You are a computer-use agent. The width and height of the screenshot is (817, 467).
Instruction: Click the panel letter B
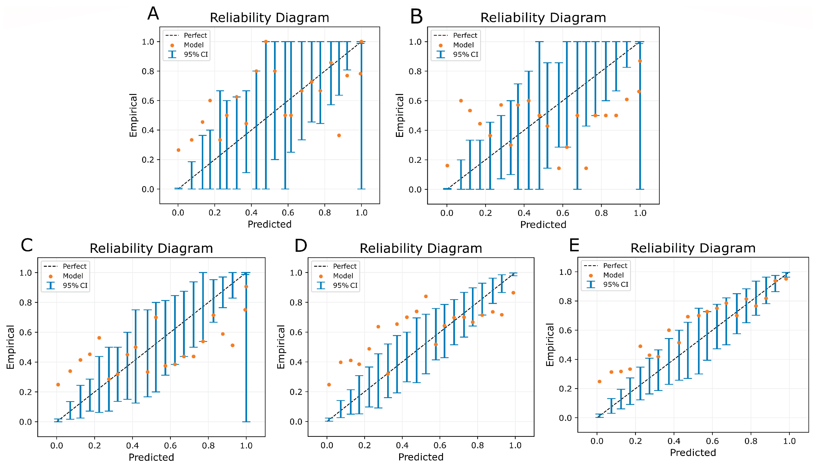pyautogui.click(x=416, y=16)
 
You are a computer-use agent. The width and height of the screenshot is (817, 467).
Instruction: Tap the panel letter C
pyautogui.click(x=27, y=245)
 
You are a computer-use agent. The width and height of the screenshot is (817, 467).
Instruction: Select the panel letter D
pyautogui.click(x=301, y=246)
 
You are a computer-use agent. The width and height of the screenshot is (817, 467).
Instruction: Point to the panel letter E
pyautogui.click(x=574, y=245)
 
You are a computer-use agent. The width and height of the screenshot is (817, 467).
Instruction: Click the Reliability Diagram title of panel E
pyautogui.click(x=693, y=248)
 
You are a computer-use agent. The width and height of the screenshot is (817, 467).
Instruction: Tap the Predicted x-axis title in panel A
pyautogui.click(x=269, y=224)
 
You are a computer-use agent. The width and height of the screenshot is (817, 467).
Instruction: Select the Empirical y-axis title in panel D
pyautogui.click(x=281, y=347)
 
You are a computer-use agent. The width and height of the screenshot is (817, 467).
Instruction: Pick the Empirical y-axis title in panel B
pyautogui.click(x=399, y=115)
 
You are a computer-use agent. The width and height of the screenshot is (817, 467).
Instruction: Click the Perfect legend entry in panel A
pyautogui.click(x=195, y=35)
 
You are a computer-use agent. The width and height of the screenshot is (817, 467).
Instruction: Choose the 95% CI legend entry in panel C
pyautogui.click(x=75, y=285)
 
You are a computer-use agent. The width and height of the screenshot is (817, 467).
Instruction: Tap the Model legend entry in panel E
pyautogui.click(x=613, y=275)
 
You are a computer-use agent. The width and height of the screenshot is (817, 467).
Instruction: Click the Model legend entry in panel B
pyautogui.click(x=463, y=45)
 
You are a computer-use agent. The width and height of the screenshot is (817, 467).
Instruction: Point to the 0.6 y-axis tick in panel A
pyautogui.click(x=148, y=101)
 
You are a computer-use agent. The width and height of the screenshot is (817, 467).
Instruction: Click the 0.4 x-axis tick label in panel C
pyautogui.click(x=132, y=446)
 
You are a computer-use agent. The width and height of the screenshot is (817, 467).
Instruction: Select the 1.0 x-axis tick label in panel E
pyautogui.click(x=789, y=441)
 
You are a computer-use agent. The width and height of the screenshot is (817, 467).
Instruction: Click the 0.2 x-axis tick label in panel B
pyautogui.click(x=485, y=213)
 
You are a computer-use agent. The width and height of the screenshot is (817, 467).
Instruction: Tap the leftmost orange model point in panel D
pyautogui.click(x=329, y=384)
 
